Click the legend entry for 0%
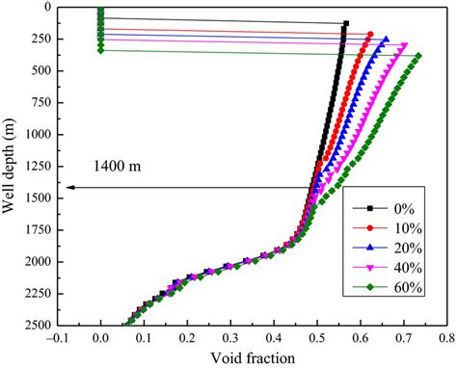(396, 207)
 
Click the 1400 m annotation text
(121, 166)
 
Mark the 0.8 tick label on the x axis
(444, 339)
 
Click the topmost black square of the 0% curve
(346, 23)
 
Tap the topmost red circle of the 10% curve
(369, 33)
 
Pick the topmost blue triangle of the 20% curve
(386, 39)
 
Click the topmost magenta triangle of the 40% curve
(404, 45)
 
